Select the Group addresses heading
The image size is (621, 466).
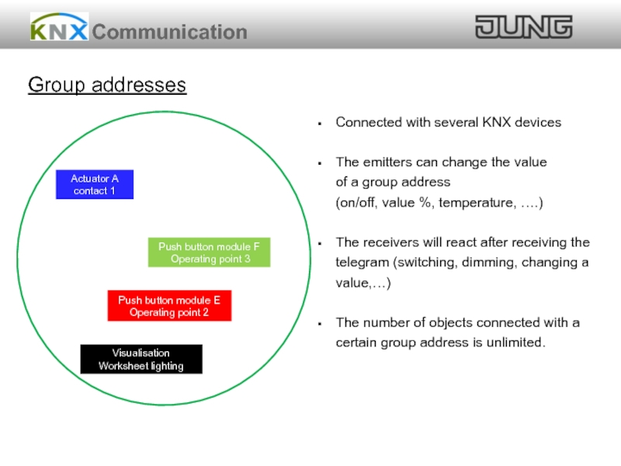pyautogui.click(x=107, y=85)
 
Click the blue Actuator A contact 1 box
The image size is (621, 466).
pyautogui.click(x=95, y=185)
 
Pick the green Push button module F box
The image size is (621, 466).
pyautogui.click(x=210, y=253)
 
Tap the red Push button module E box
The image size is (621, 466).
pyautogui.click(x=169, y=306)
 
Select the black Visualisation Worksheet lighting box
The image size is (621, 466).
pyautogui.click(x=141, y=360)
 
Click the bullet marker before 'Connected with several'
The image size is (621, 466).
pyautogui.click(x=320, y=123)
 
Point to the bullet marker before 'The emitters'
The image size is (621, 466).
pyautogui.click(x=320, y=163)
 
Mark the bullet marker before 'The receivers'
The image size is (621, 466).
pyautogui.click(x=320, y=243)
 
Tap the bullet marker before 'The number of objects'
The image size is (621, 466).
pyautogui.click(x=320, y=323)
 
